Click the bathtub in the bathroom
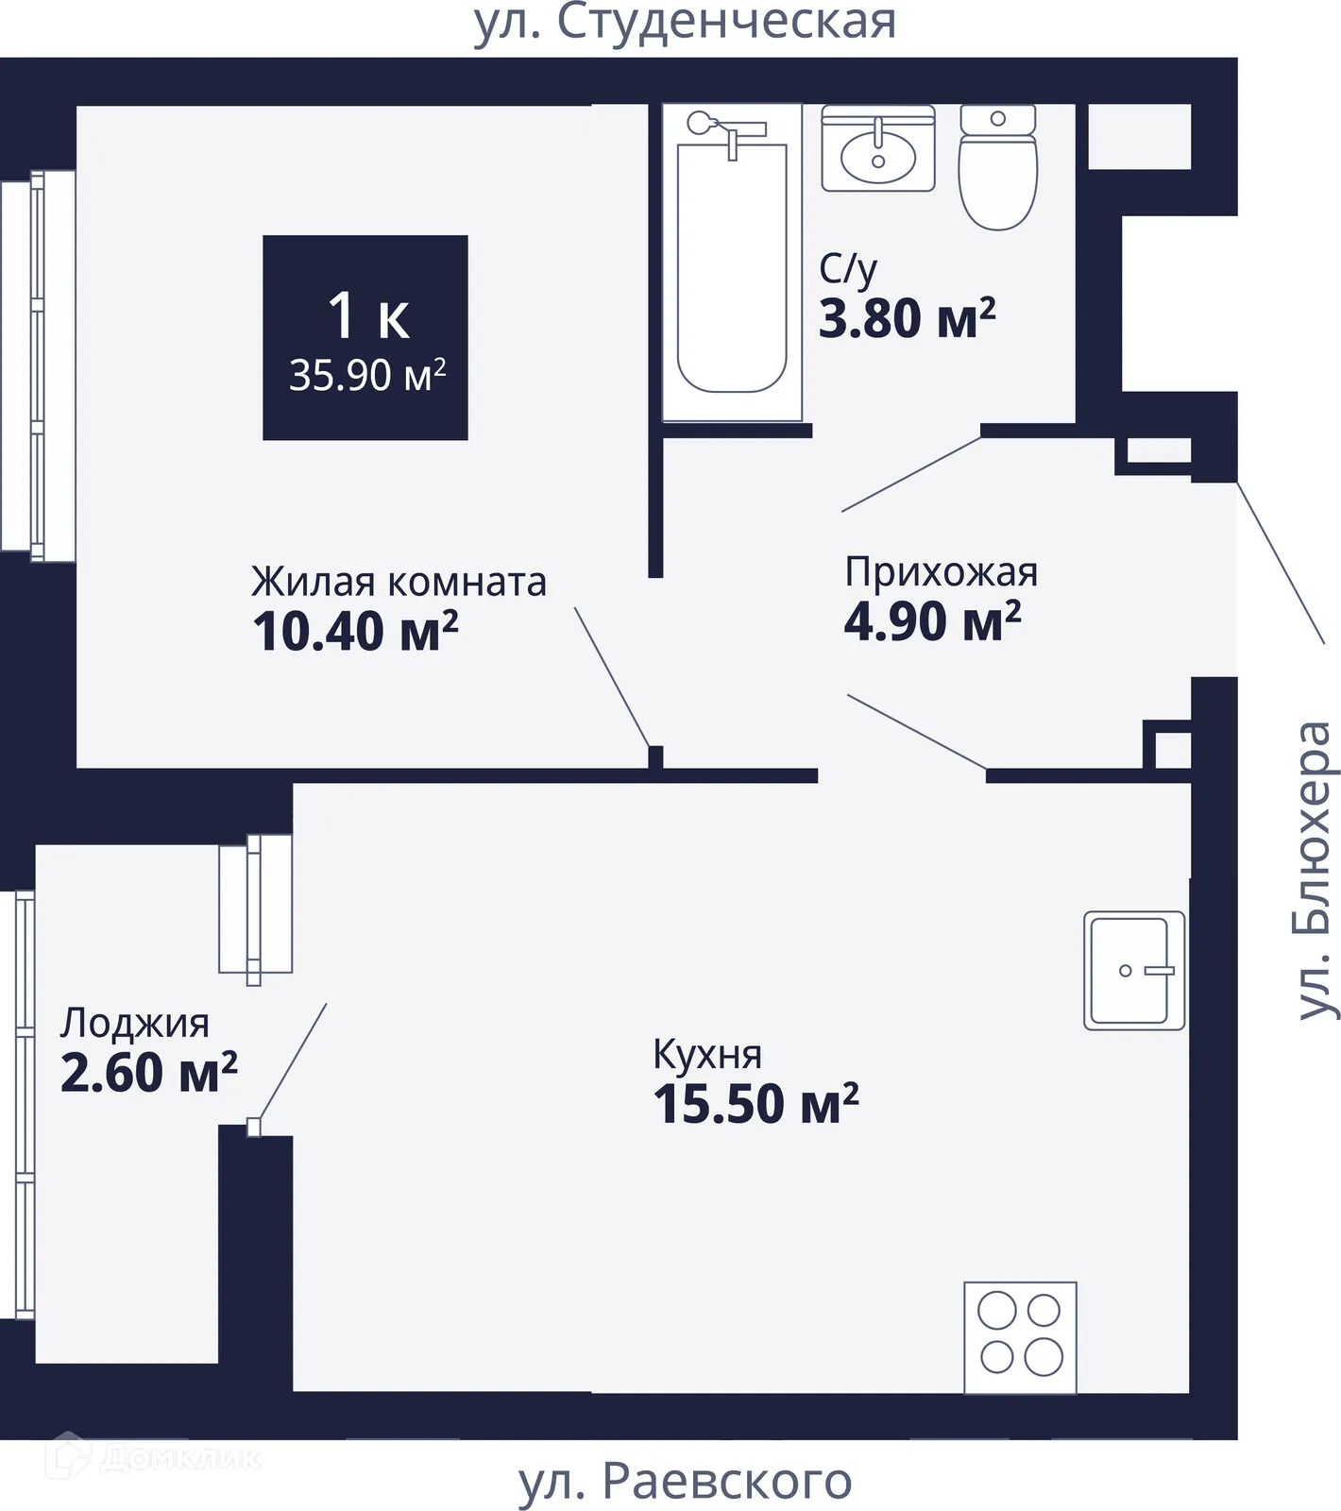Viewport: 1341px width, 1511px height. (x=732, y=269)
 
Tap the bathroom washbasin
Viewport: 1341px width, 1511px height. (x=878, y=151)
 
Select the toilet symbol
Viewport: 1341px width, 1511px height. (x=997, y=170)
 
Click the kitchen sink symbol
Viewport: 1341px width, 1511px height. (x=1133, y=970)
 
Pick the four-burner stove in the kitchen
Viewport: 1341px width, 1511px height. (x=1020, y=1336)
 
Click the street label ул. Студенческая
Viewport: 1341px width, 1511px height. (x=685, y=23)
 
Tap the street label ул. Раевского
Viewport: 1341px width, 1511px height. (x=685, y=1481)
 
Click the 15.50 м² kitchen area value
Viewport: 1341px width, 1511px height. (x=755, y=1103)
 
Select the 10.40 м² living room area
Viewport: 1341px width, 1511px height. (x=355, y=631)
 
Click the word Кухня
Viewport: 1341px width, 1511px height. (x=707, y=1054)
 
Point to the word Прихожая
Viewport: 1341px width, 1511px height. (x=941, y=572)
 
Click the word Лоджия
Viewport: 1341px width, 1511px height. (x=134, y=1023)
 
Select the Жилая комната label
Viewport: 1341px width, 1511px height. (x=399, y=582)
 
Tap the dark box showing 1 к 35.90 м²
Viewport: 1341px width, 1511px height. (x=365, y=338)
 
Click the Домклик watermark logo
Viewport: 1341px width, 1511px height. (x=156, y=1457)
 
